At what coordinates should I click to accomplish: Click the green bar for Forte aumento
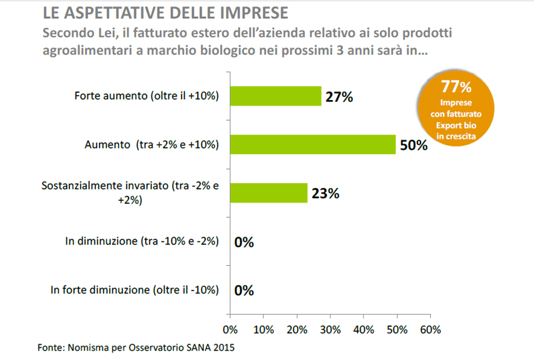point(275,96)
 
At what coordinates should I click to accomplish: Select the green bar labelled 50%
point(313,145)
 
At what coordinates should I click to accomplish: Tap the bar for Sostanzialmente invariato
point(269,193)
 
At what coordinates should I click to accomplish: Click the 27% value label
point(339,96)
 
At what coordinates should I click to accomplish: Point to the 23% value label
point(326,194)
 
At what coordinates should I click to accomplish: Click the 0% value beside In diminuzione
point(244,242)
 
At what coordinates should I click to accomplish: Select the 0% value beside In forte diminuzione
point(244,290)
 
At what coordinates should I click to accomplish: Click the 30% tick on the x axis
point(330,330)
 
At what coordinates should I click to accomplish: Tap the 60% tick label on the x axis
point(430,330)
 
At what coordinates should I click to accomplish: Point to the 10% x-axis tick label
point(264,330)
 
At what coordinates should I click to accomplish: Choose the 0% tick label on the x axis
point(230,330)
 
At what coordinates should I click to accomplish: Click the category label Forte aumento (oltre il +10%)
point(146,96)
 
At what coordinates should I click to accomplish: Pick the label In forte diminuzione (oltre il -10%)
point(134,290)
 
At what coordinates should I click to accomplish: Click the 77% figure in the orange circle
point(456,86)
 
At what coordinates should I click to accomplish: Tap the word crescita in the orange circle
point(456,137)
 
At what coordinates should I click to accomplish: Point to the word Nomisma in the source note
point(89,348)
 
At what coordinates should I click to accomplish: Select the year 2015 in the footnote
point(223,348)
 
